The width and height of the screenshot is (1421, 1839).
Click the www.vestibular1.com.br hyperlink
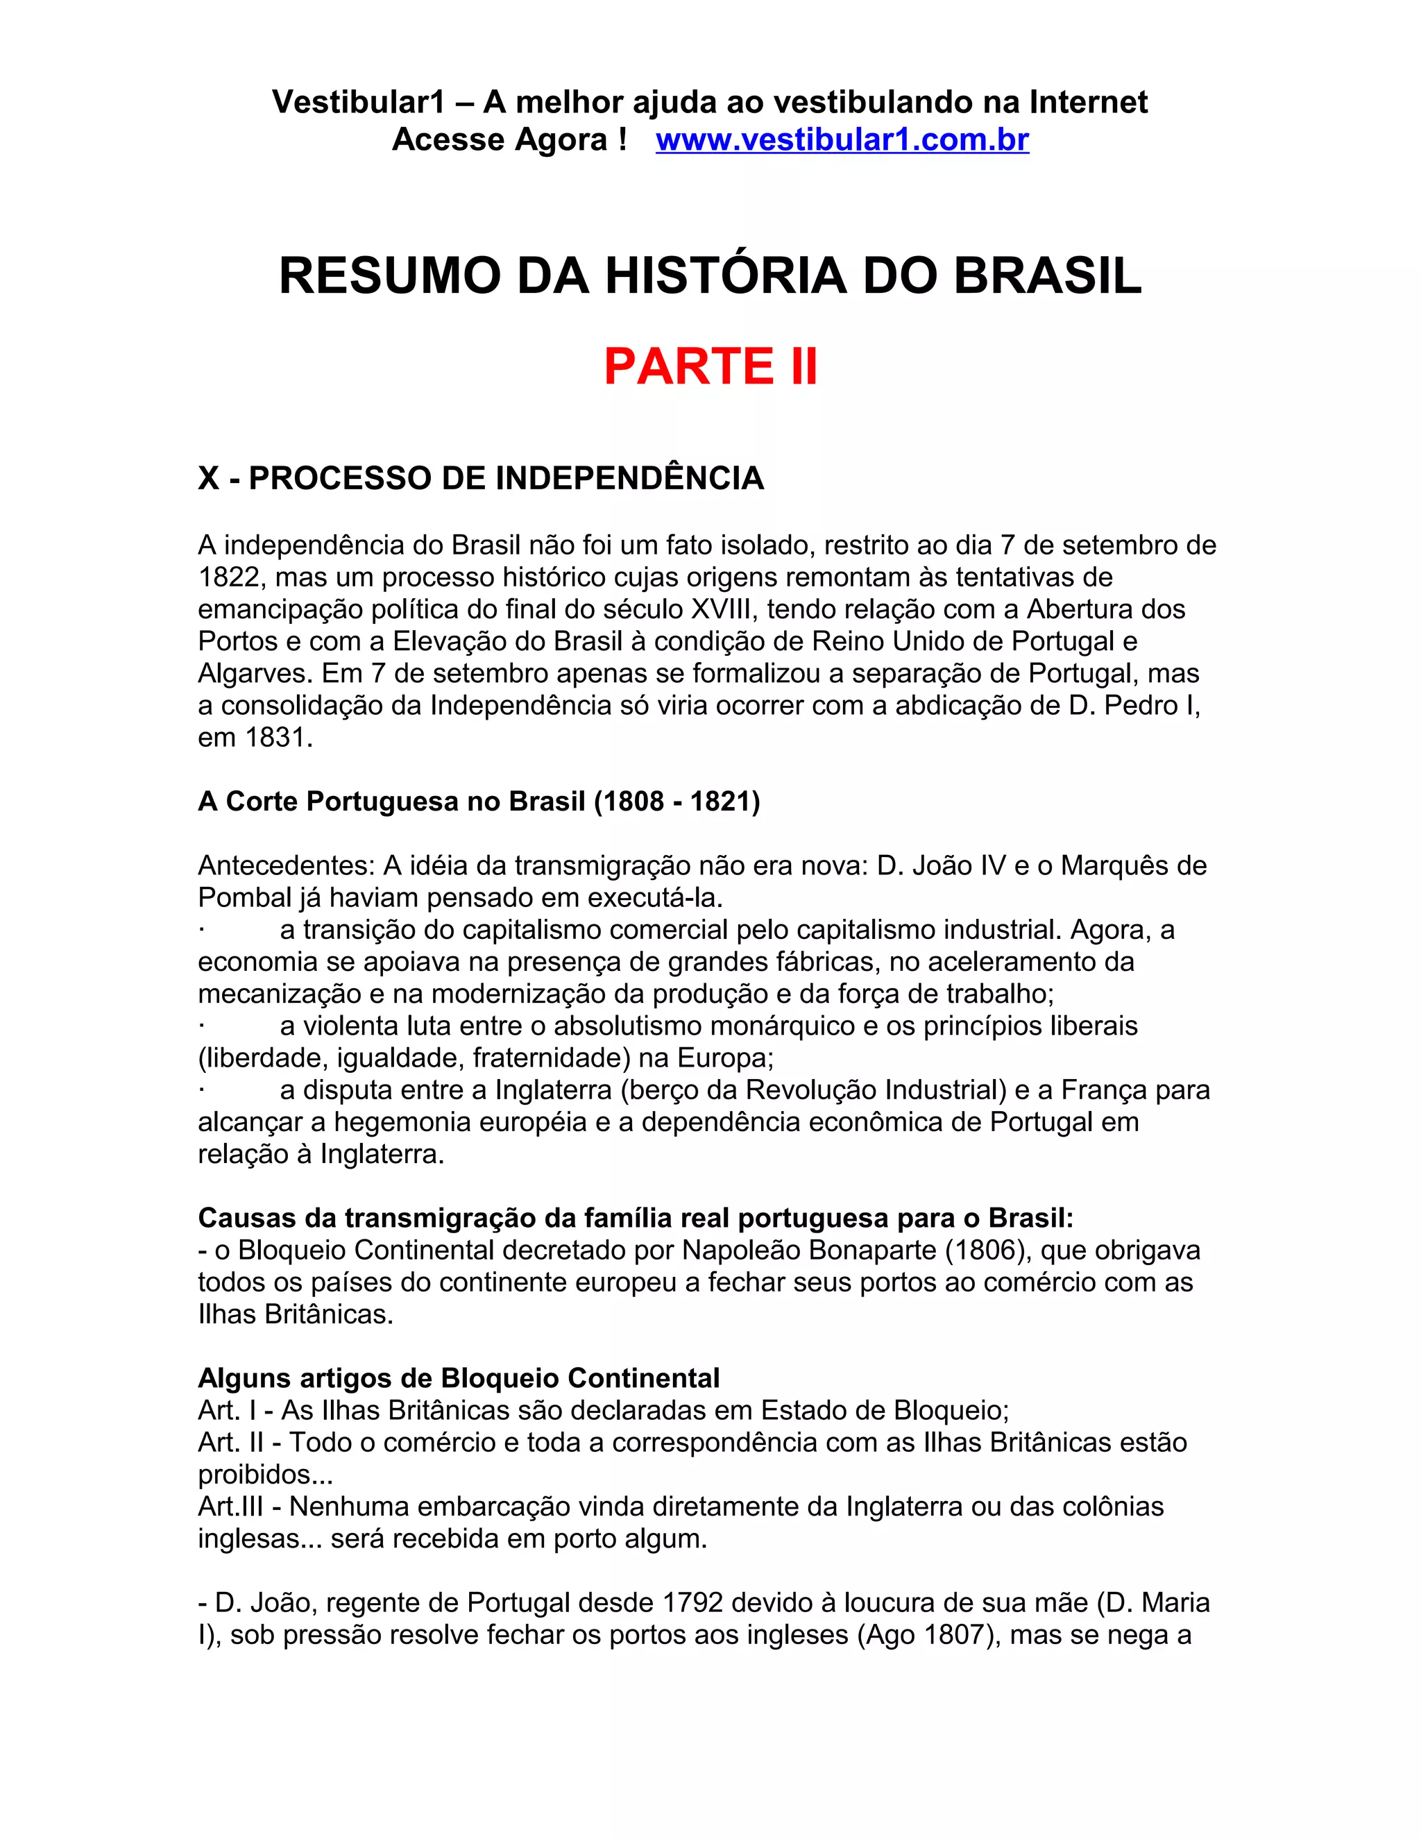point(842,139)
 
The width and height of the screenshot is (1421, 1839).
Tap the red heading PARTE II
point(710,366)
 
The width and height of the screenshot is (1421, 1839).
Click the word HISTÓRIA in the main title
point(725,276)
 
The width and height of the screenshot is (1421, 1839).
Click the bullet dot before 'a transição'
point(202,931)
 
